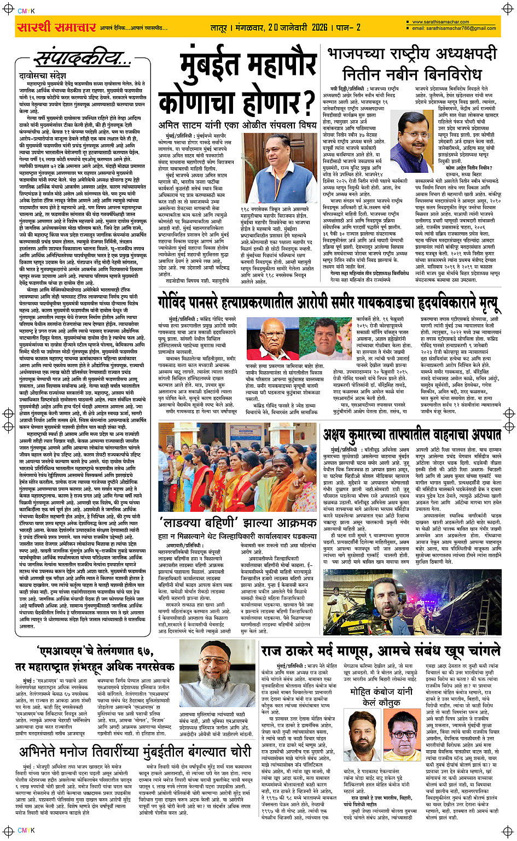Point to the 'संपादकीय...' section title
pos(83,57)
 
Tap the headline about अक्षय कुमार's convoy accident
pos(412,435)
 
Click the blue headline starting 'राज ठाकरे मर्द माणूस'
pos(380,651)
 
